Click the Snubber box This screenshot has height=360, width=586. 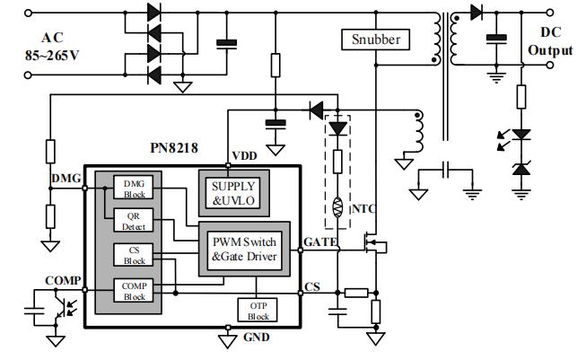point(376,40)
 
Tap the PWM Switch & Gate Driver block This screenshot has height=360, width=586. point(244,248)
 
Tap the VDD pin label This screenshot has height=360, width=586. point(243,155)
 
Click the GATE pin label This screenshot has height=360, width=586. point(320,242)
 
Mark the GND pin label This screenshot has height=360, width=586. point(257,338)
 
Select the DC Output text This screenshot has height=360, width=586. point(549,41)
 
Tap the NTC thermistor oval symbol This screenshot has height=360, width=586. point(338,209)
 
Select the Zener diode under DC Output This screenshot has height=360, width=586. point(520,168)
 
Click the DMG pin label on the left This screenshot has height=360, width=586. point(66,180)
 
